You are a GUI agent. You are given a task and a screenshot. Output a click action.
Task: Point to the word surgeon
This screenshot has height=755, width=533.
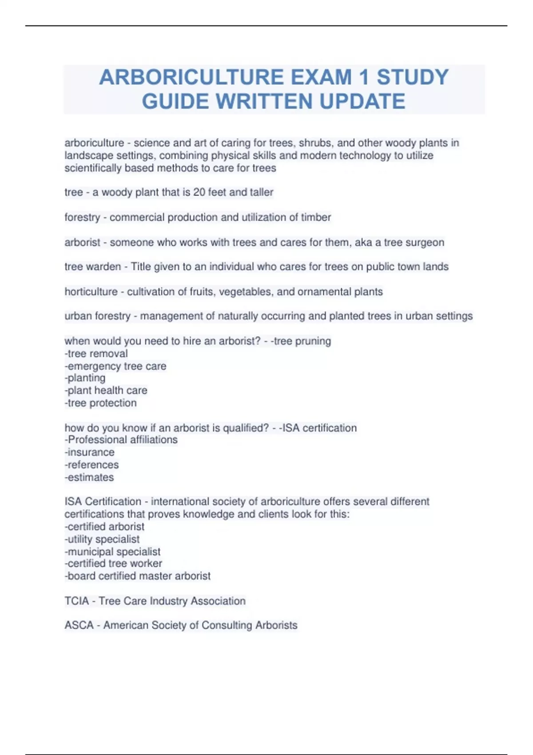click(x=426, y=242)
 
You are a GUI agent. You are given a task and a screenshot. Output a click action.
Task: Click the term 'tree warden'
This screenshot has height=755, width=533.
click(x=92, y=266)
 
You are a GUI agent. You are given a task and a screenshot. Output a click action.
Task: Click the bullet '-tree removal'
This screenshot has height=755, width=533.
click(x=96, y=354)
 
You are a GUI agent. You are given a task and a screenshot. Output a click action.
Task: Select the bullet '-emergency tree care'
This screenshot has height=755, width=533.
click(x=115, y=366)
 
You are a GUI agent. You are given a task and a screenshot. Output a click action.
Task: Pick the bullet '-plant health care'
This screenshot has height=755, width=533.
click(x=106, y=390)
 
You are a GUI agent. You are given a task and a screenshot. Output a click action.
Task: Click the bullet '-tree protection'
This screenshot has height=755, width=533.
click(x=100, y=403)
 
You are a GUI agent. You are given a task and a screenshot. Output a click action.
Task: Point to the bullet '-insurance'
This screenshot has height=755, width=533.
click(x=89, y=452)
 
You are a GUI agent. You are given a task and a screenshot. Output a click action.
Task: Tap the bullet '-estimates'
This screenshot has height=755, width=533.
click(x=89, y=477)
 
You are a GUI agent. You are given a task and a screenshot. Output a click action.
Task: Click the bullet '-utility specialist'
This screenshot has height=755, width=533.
click(x=102, y=539)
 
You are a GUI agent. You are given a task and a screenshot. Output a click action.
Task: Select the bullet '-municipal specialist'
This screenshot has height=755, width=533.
click(x=112, y=552)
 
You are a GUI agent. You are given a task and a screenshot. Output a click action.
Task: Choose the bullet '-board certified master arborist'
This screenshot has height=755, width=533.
click(x=138, y=576)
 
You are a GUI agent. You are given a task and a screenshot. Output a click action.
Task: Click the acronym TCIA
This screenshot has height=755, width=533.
click(x=76, y=601)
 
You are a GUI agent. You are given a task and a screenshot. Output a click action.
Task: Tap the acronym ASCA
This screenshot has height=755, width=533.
click(x=79, y=625)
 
